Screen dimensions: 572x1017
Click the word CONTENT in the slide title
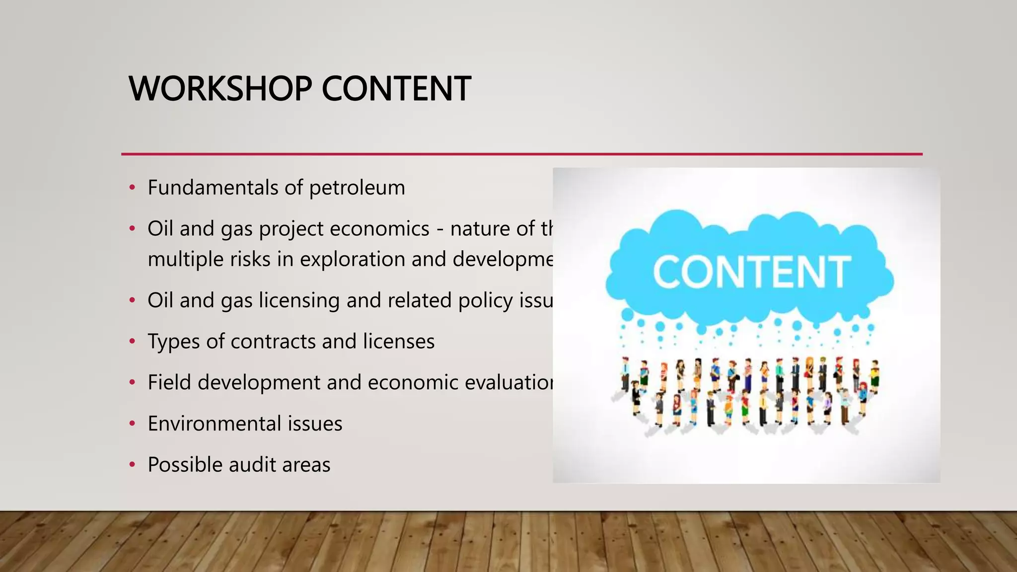pyautogui.click(x=396, y=89)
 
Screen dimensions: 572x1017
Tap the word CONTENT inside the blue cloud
pyautogui.click(x=751, y=272)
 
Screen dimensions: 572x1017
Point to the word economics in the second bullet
pyautogui.click(x=379, y=229)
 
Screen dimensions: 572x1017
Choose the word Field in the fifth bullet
pyautogui.click(x=169, y=382)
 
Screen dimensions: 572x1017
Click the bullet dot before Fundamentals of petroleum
pyautogui.click(x=132, y=188)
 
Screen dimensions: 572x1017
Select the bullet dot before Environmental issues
pyautogui.click(x=132, y=424)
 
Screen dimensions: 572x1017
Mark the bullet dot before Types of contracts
pyautogui.click(x=132, y=342)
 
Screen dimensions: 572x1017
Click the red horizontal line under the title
pyautogui.click(x=521, y=154)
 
